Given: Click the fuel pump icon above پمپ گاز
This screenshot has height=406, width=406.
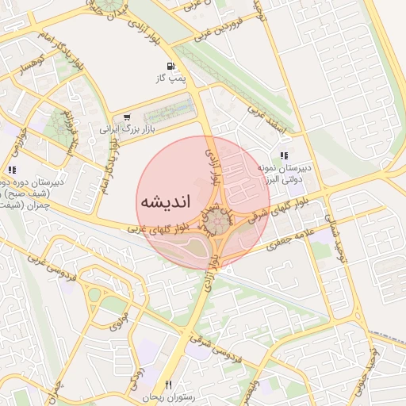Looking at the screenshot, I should click(170, 67).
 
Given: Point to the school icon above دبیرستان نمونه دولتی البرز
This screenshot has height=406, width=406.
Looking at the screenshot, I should click(285, 155).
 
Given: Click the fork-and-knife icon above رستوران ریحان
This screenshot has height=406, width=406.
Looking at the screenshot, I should click(168, 384).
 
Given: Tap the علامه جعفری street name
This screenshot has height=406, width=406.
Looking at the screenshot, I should click(294, 237).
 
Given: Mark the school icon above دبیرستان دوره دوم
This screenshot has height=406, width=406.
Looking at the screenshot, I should click(11, 170).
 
